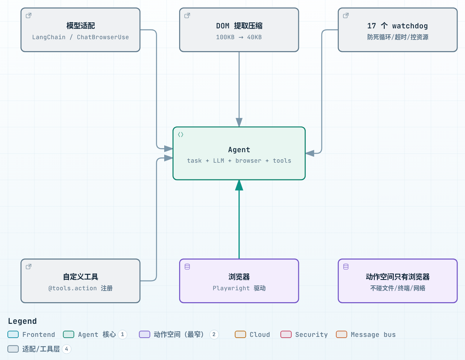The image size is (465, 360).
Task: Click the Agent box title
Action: (x=239, y=150)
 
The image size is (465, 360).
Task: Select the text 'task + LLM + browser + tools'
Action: (x=239, y=161)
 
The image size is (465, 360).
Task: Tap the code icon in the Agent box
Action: (x=181, y=135)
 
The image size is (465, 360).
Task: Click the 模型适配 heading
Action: (x=81, y=26)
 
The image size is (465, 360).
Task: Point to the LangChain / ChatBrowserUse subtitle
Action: (x=81, y=37)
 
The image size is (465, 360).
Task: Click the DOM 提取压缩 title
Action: (x=239, y=26)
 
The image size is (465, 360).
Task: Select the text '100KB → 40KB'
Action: (x=239, y=37)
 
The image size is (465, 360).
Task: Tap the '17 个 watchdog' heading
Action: (x=397, y=26)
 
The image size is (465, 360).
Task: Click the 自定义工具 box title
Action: (x=81, y=277)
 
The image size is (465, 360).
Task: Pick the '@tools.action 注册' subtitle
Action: (x=81, y=288)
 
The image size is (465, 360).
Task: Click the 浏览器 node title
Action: (x=239, y=277)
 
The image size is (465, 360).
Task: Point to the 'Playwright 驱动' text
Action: (x=239, y=288)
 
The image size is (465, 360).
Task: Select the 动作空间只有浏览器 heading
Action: (x=397, y=277)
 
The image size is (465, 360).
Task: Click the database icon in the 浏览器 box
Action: (x=187, y=267)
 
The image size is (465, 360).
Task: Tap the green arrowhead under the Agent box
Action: (x=239, y=185)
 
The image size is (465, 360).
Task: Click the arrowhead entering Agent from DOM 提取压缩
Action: (x=239, y=122)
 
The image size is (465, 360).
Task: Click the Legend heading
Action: (x=22, y=321)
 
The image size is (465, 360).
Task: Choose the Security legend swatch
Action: (x=286, y=334)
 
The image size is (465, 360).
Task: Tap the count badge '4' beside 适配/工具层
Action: (x=66, y=349)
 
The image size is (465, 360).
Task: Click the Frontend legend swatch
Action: (x=13, y=334)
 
